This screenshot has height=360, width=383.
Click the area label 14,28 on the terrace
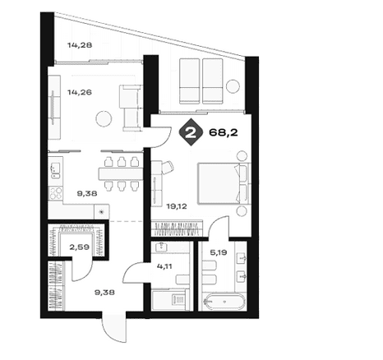[x=80, y=45]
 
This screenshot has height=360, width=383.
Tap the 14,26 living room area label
[x=80, y=92]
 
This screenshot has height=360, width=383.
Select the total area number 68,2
[x=224, y=132]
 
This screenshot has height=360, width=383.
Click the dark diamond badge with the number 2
[x=191, y=132]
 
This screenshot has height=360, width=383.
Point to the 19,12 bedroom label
[x=177, y=206]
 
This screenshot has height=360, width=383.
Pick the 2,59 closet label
[x=80, y=247]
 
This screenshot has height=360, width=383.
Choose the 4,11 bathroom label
[x=164, y=266]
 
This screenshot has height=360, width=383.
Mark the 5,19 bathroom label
[x=219, y=252]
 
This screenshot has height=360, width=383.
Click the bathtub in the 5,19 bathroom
[x=224, y=302]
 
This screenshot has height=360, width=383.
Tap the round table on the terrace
[x=233, y=86]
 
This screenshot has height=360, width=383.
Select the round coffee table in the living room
[x=104, y=118]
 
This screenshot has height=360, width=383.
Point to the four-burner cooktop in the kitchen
[x=56, y=192]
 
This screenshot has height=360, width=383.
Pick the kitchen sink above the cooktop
[x=55, y=170]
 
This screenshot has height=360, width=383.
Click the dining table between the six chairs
[x=121, y=173]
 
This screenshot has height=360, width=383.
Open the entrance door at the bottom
[x=114, y=327]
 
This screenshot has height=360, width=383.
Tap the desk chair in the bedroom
[x=167, y=168]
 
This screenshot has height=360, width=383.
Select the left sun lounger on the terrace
[x=189, y=81]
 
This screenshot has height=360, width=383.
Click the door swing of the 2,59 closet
[x=82, y=270]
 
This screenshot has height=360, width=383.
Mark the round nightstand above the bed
[x=242, y=156]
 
